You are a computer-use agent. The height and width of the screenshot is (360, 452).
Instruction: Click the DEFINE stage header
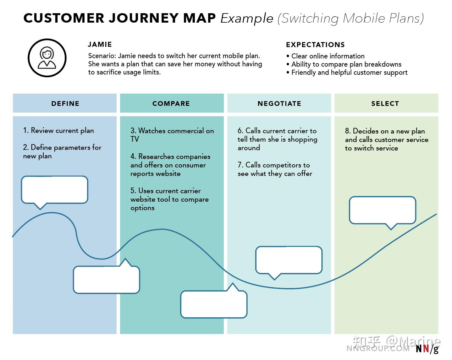pyautogui.click(x=65, y=103)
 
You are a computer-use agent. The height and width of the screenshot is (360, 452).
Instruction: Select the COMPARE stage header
pyautogui.click(x=171, y=103)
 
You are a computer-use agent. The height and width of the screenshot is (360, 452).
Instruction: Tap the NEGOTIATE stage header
pyautogui.click(x=279, y=103)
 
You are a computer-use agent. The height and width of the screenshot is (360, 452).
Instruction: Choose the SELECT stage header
pyautogui.click(x=385, y=103)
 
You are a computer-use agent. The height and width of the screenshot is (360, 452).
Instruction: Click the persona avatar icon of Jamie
pyautogui.click(x=47, y=58)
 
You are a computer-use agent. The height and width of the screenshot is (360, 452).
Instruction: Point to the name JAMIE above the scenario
pyautogui.click(x=100, y=45)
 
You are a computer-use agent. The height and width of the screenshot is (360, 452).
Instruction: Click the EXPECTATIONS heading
pyautogui.click(x=315, y=45)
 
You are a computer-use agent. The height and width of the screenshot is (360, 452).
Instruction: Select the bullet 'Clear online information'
pyautogui.click(x=328, y=56)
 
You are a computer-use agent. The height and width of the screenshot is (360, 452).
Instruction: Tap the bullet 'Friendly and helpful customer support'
pyautogui.click(x=349, y=73)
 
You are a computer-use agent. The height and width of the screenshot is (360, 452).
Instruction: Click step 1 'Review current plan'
pyautogui.click(x=58, y=130)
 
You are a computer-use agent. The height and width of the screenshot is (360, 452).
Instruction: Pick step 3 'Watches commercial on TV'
pyautogui.click(x=172, y=135)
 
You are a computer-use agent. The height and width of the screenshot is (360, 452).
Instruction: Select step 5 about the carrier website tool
pyautogui.click(x=169, y=199)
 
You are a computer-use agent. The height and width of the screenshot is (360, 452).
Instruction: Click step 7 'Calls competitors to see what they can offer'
pyautogui.click(x=274, y=169)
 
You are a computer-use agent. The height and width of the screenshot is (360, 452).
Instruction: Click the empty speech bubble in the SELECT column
pyautogui.click(x=383, y=210)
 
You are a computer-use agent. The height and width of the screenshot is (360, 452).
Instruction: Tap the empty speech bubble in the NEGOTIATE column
pyautogui.click(x=289, y=260)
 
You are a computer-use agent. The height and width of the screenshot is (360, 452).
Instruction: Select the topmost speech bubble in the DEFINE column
pyautogui.click(x=54, y=189)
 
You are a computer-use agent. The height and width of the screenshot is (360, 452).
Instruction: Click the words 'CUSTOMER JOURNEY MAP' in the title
pyautogui.click(x=119, y=18)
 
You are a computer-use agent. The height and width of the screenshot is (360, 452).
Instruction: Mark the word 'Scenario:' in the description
pyautogui.click(x=102, y=56)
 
